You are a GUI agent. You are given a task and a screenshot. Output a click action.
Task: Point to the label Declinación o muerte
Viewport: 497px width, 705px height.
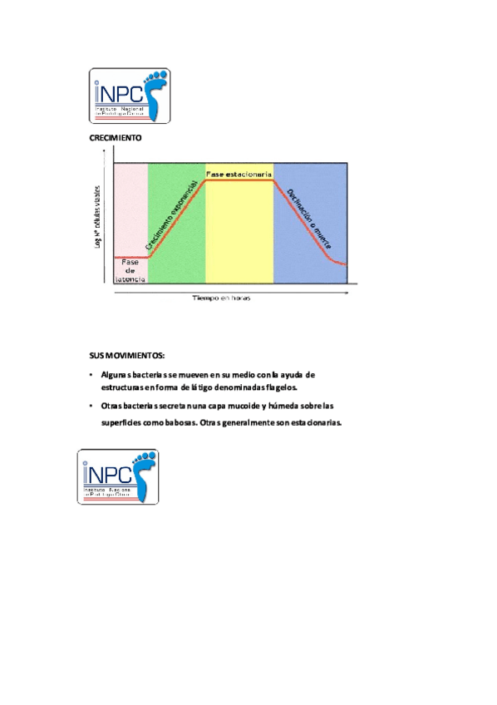click(309, 219)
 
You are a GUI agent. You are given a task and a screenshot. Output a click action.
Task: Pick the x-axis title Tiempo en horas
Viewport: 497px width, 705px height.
click(222, 297)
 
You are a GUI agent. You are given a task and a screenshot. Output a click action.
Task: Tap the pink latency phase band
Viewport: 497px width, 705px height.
click(130, 208)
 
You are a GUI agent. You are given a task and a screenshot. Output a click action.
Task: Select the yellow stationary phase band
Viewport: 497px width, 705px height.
click(239, 233)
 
